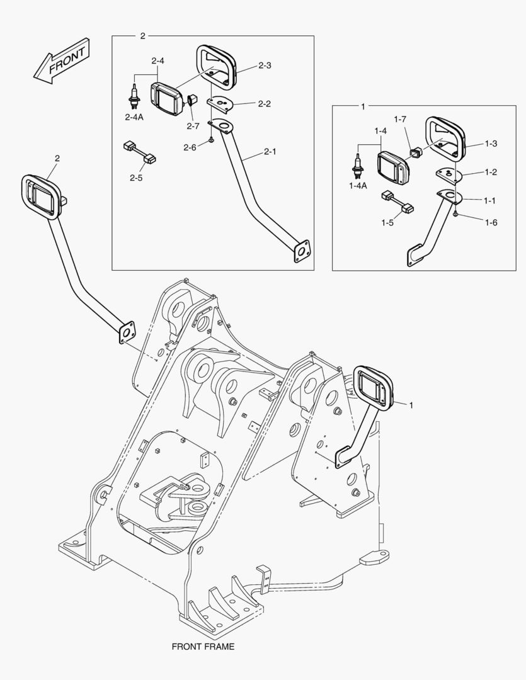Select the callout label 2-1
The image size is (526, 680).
[x=270, y=152]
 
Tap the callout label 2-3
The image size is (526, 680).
[x=265, y=65]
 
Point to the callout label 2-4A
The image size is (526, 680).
[x=133, y=117]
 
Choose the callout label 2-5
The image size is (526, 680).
[x=136, y=178]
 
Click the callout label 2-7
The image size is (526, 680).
[x=192, y=126]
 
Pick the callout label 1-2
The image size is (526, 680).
[x=490, y=172]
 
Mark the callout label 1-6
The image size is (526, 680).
[x=490, y=222]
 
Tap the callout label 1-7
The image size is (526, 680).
[x=401, y=119]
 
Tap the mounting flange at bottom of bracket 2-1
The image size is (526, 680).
[x=302, y=249]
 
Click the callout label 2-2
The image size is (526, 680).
[x=265, y=104]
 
